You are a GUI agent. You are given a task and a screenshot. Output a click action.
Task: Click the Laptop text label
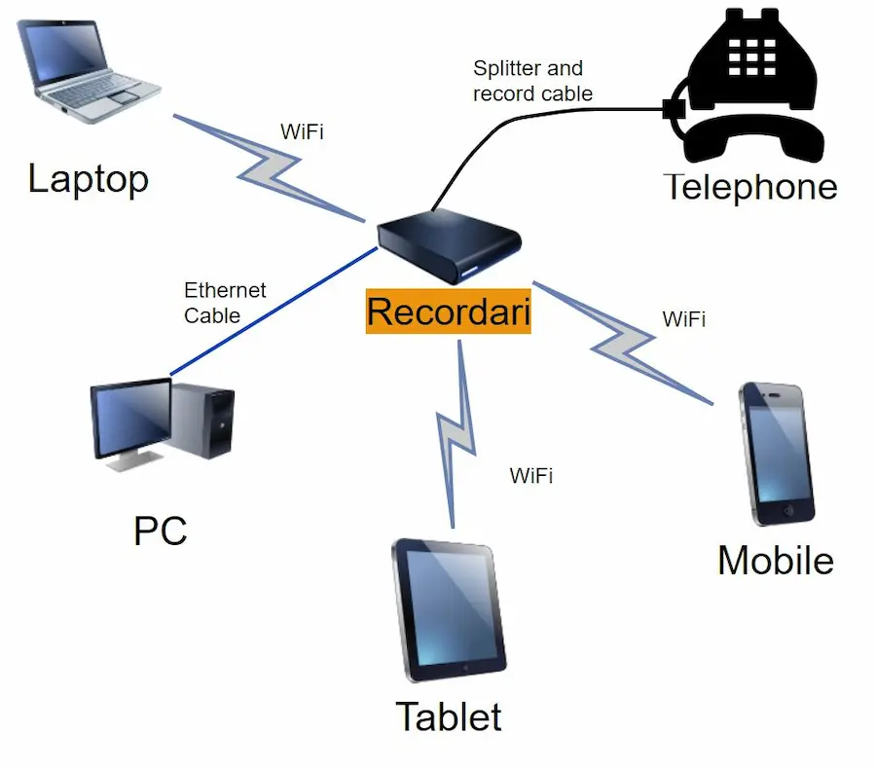click(x=88, y=179)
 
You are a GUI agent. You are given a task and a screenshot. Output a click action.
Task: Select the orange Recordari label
click(x=449, y=312)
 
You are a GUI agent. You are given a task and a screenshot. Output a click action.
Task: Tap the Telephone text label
click(x=750, y=187)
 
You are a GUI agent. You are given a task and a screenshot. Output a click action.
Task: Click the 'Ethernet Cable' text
click(x=224, y=303)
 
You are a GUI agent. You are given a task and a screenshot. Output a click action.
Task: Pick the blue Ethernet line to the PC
click(x=273, y=312)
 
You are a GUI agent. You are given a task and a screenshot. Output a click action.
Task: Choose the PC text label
click(x=160, y=532)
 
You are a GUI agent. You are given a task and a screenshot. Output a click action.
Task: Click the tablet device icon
click(x=449, y=609)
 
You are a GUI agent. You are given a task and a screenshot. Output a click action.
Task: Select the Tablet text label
click(x=449, y=717)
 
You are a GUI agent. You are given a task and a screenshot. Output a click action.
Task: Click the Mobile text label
click(x=776, y=561)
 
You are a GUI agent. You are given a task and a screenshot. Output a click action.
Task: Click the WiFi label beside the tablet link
click(x=531, y=476)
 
